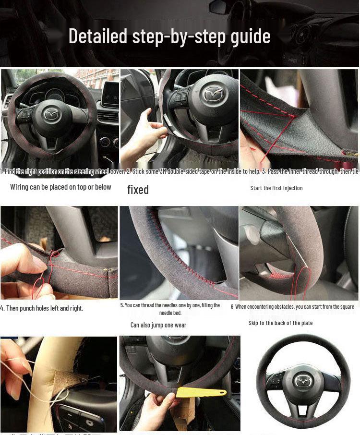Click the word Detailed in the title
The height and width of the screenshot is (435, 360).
point(98,36)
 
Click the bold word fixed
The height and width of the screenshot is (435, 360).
point(138,190)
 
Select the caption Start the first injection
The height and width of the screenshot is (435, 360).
point(276,188)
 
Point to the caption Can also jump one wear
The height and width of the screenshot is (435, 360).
point(158,325)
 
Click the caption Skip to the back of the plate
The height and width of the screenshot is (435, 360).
point(280,323)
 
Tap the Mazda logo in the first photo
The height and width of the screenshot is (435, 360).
point(50,114)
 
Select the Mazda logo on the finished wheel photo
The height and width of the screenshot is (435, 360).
point(302,381)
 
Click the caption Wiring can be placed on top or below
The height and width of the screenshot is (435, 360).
point(60,187)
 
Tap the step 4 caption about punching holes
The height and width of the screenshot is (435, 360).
point(42,308)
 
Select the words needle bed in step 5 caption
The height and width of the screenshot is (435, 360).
point(170,313)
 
